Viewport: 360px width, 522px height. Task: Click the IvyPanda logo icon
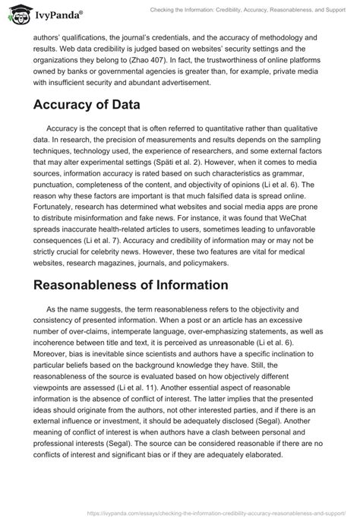(x=17, y=12)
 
